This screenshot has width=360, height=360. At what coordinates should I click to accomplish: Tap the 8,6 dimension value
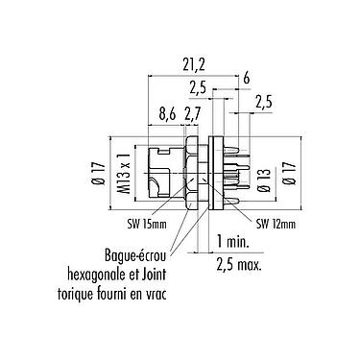167,114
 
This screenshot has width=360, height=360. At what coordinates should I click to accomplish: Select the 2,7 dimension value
192,114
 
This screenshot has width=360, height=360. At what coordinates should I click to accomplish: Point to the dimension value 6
246,78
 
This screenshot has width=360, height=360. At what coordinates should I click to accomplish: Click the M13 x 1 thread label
126,174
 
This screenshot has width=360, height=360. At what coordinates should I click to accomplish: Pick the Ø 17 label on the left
100,174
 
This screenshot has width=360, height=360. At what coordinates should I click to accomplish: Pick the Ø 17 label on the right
290,173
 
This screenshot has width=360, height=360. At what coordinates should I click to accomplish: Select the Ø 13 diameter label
265,180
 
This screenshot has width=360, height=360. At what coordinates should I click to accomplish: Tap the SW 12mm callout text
276,225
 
